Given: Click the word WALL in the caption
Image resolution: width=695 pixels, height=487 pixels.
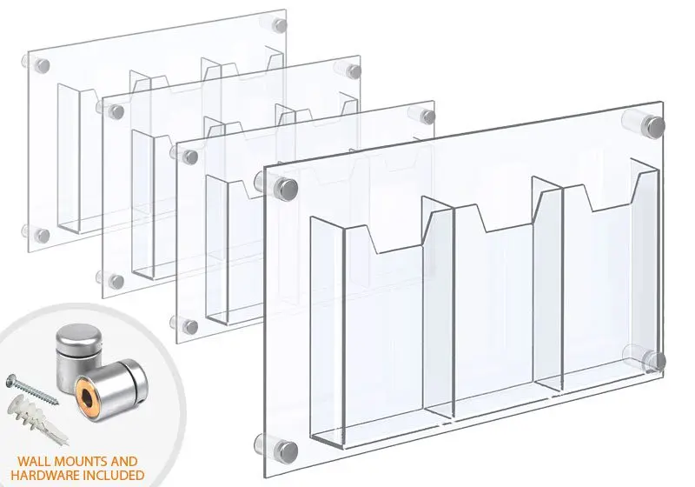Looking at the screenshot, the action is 34,462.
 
